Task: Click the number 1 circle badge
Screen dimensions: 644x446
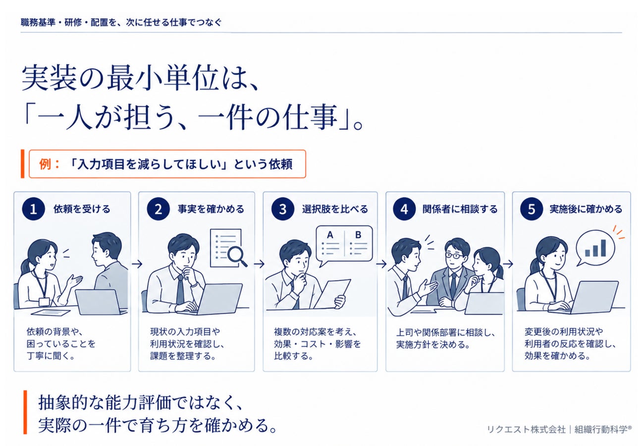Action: (33, 209)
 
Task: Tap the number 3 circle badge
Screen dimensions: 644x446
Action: (282, 209)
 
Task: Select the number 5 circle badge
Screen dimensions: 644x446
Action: (531, 209)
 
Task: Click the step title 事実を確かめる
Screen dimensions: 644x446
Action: (211, 209)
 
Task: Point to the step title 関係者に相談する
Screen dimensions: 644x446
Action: (460, 209)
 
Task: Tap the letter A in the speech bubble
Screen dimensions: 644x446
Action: (330, 235)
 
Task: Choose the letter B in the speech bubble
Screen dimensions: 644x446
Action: (358, 235)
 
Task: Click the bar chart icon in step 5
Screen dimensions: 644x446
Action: (595, 248)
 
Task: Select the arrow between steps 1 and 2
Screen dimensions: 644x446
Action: (137, 264)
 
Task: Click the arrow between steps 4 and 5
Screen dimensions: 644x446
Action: (508, 264)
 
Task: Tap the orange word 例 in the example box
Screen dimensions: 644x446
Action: (45, 164)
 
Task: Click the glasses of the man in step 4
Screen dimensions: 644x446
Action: (455, 255)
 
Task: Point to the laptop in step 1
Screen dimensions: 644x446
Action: (101, 302)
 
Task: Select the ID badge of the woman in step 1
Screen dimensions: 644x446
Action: (44, 302)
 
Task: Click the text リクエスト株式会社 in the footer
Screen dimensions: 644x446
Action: (526, 430)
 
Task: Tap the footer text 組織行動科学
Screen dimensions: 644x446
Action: (601, 430)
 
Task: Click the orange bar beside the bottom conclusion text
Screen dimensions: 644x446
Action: (25, 412)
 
